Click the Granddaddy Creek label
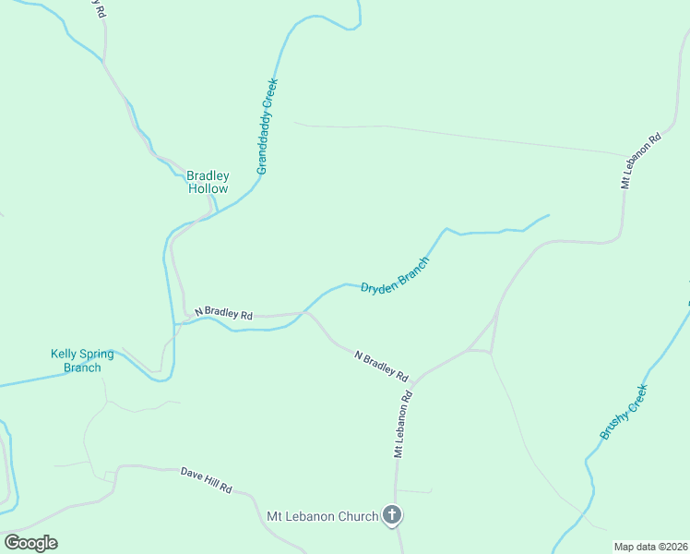click(268, 126)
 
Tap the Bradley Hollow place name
click(208, 182)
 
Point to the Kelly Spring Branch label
click(82, 360)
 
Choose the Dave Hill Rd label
click(206, 480)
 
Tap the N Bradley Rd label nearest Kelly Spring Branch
click(217, 314)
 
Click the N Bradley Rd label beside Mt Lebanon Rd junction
click(381, 365)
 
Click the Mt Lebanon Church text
click(322, 516)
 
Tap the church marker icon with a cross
click(392, 515)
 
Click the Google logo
click(30, 543)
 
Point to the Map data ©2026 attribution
click(650, 547)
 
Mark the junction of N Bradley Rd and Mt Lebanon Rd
click(414, 380)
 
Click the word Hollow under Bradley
click(208, 189)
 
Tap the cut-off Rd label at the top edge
click(99, 9)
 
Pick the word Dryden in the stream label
click(378, 286)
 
